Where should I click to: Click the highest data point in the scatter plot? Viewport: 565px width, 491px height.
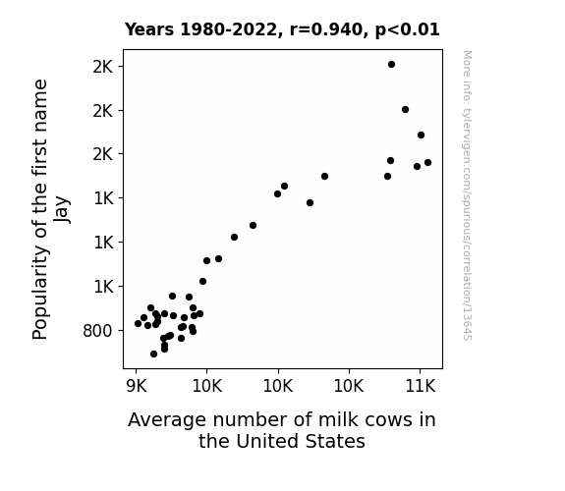coord(391,65)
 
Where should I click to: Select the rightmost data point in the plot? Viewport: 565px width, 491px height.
coord(427,162)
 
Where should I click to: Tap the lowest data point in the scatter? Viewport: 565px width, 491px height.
coord(153,355)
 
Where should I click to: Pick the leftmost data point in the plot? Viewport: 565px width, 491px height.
coord(138,323)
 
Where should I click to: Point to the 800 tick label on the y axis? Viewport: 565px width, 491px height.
coord(97,331)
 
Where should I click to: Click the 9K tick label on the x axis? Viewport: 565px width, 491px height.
coord(137,386)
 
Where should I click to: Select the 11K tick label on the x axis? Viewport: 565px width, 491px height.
coord(421,386)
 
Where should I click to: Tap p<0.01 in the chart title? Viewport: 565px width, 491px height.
coord(407,30)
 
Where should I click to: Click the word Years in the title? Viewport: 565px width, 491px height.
coord(149,29)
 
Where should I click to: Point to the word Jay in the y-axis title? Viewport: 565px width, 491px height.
coord(62,209)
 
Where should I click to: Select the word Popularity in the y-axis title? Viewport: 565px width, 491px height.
coord(40,293)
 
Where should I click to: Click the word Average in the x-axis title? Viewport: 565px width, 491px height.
coord(167,420)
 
